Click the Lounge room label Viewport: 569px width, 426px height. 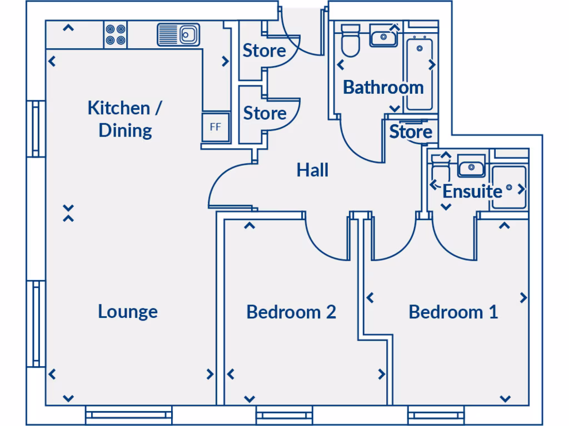pos(128,311)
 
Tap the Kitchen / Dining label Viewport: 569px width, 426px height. pos(125,119)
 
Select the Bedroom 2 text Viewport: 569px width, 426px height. pos(291,312)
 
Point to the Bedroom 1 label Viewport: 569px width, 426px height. pos(453,312)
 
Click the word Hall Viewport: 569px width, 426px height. pos(312,170)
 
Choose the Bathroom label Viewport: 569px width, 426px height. pos(383,87)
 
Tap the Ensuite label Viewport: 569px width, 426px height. pos(472,191)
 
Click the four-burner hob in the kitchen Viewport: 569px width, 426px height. pos(115,35)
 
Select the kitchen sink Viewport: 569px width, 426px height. pos(178,34)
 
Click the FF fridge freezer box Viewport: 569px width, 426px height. pos(215,126)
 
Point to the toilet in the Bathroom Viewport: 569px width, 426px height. pos(350,41)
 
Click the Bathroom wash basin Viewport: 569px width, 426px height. pos(383,37)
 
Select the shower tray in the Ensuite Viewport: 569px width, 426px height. pos(508,187)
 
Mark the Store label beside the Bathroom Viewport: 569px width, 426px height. pos(411,132)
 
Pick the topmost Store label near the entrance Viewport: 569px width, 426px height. pos(264,51)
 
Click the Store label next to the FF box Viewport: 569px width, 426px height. pos(264,113)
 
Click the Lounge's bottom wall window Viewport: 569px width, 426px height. pos(129,414)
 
